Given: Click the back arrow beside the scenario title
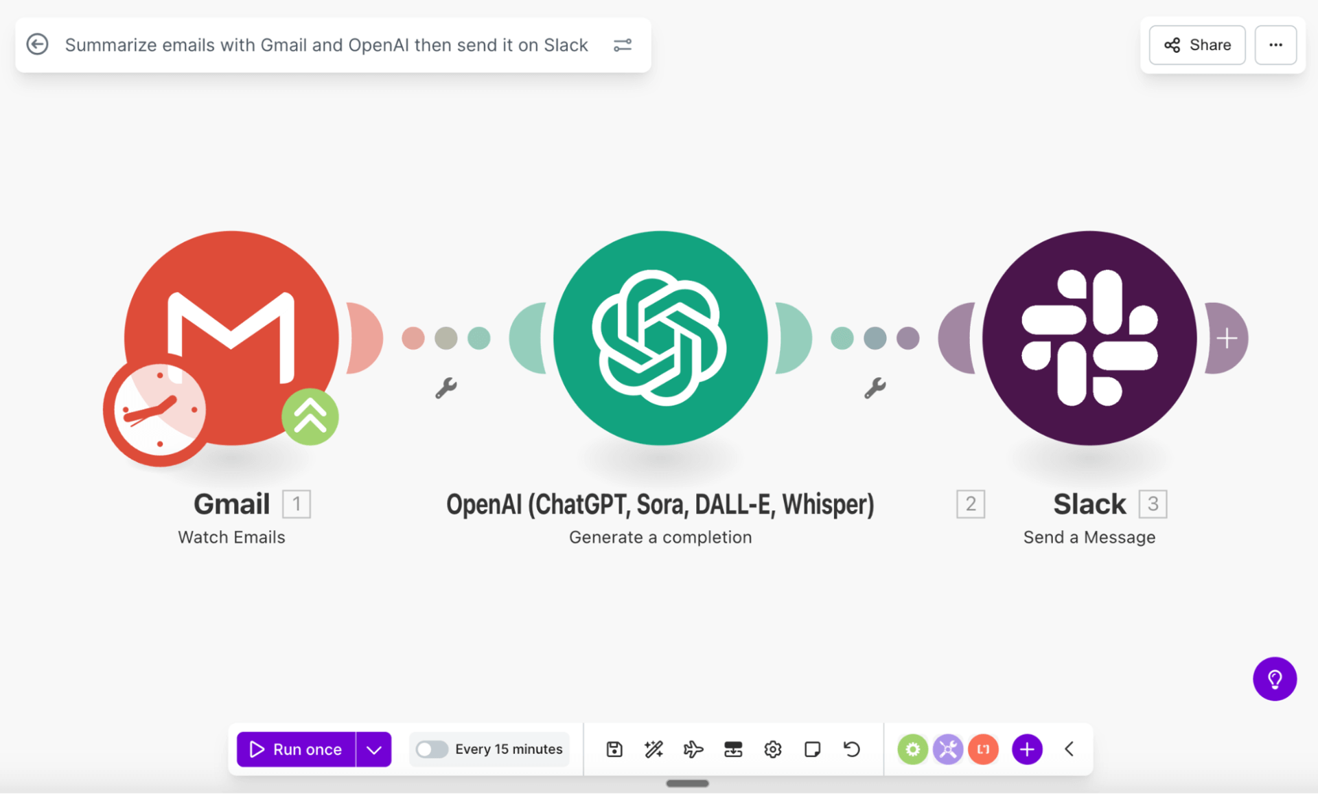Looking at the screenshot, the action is [x=38, y=45].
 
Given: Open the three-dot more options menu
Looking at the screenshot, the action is [x=1275, y=45].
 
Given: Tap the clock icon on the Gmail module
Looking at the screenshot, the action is [x=159, y=411].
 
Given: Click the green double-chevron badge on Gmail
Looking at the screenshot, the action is [x=310, y=416].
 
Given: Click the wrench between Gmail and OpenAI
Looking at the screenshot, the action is [x=446, y=388].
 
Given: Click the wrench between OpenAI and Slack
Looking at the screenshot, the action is [x=875, y=388].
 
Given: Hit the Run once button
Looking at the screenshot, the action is [x=296, y=749].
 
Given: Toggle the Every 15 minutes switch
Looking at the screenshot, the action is [x=432, y=749].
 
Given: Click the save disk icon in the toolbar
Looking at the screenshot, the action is [x=614, y=749].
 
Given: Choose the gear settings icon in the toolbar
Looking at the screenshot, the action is [x=773, y=749].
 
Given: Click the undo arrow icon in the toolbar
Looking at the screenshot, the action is [x=852, y=749].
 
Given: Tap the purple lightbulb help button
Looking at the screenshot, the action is [x=1275, y=679].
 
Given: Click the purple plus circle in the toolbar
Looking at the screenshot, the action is [x=1027, y=749].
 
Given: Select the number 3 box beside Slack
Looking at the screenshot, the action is [x=1153, y=504].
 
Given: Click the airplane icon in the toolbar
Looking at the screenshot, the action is [x=693, y=749].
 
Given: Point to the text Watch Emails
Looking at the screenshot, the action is [x=231, y=537].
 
